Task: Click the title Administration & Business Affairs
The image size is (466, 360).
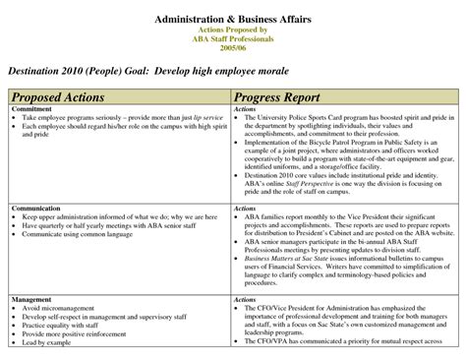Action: [x=233, y=21]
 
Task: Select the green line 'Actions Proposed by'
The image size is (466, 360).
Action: [x=233, y=30]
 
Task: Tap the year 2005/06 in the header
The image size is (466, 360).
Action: [x=233, y=47]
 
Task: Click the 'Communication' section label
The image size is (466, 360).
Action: [x=36, y=209]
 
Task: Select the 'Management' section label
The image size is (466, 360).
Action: [x=31, y=297]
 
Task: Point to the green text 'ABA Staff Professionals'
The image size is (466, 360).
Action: [x=233, y=39]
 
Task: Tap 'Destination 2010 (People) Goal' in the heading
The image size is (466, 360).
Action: [x=92, y=71]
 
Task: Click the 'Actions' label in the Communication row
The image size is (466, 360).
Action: [x=246, y=209]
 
